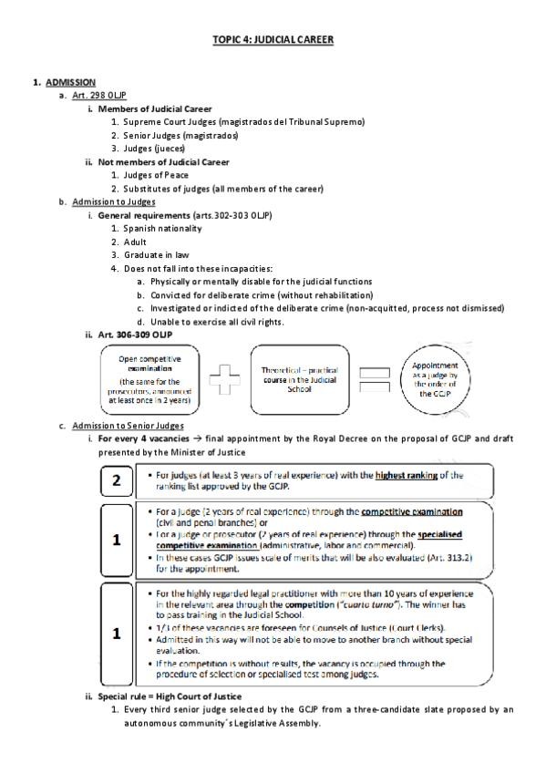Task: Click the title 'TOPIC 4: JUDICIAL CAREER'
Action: tap(273, 40)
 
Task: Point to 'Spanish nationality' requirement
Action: tap(162, 228)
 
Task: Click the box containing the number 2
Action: tap(117, 481)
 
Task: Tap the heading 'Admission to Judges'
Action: tap(114, 201)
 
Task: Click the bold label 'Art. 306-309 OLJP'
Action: tap(138, 335)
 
